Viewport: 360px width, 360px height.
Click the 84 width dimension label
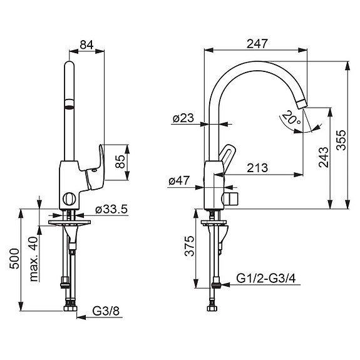click(x=86, y=44)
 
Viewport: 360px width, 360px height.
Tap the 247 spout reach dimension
click(x=257, y=44)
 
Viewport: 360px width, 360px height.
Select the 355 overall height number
click(x=341, y=140)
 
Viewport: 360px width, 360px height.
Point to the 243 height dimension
click(x=324, y=157)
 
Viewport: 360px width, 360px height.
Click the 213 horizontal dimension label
click(x=257, y=168)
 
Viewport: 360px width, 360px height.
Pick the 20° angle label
click(x=291, y=118)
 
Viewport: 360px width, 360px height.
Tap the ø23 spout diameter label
click(x=183, y=118)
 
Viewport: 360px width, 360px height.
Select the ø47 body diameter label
click(x=179, y=181)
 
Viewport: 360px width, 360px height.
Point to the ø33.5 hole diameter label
click(x=111, y=209)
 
